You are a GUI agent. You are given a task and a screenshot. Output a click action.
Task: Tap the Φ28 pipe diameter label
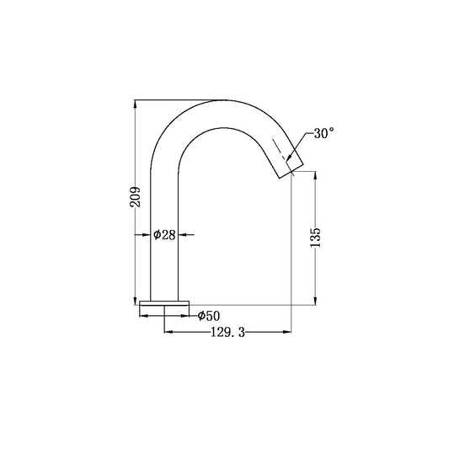(165, 235)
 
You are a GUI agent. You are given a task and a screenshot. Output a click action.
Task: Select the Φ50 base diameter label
(209, 316)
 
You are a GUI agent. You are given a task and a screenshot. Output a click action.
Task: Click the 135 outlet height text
(316, 237)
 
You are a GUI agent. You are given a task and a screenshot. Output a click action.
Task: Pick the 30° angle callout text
(323, 133)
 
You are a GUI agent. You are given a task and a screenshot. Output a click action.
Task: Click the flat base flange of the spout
(165, 303)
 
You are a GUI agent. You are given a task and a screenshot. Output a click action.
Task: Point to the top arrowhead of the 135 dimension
(316, 176)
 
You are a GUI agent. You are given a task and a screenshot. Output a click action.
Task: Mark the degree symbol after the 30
(332, 130)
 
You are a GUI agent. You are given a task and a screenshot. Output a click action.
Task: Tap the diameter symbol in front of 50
(202, 316)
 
